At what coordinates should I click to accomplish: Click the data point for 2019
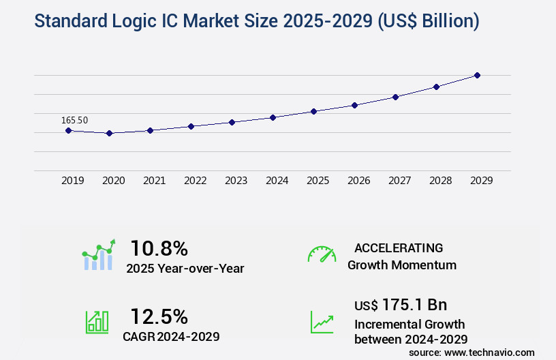(68, 130)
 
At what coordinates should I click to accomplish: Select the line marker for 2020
(109, 133)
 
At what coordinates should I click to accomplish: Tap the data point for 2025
(313, 111)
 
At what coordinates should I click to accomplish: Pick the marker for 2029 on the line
(477, 75)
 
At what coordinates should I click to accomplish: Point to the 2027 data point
(395, 97)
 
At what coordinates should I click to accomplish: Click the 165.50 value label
(74, 120)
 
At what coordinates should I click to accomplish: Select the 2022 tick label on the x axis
(195, 181)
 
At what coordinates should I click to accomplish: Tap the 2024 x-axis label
(277, 181)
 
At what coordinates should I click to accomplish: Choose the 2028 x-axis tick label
(440, 181)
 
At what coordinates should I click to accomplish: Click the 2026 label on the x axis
(358, 181)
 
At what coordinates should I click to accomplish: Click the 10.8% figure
(159, 248)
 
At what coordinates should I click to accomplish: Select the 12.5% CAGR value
(159, 316)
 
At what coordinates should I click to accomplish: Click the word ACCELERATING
(399, 247)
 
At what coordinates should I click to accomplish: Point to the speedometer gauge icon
(322, 254)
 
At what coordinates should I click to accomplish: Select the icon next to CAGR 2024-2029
(97, 322)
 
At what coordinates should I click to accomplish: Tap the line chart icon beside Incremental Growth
(322, 322)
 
